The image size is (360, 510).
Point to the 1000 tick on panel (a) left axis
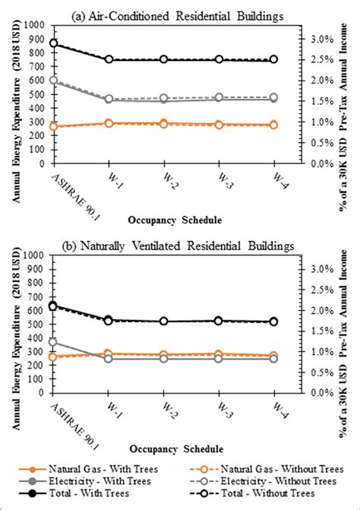coord(34,25)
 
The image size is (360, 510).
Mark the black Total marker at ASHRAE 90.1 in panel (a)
coord(52,43)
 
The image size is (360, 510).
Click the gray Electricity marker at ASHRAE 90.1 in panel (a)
coord(52,80)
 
